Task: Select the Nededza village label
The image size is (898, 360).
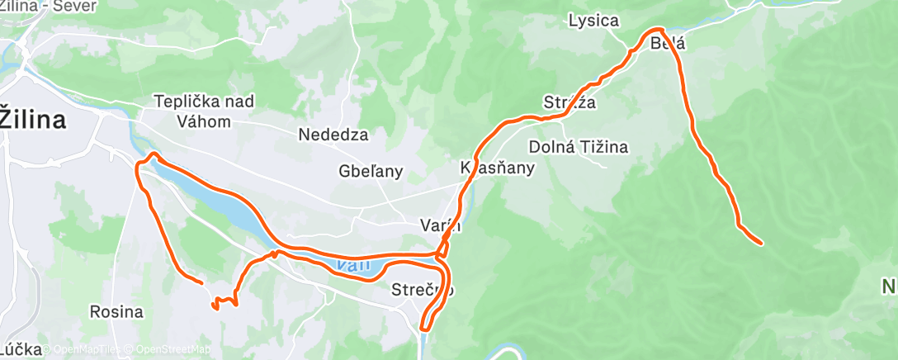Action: tap(333, 135)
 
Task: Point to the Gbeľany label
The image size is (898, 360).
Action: tap(371, 172)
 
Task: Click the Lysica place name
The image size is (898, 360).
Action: tap(593, 21)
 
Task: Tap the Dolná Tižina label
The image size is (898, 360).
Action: tap(578, 147)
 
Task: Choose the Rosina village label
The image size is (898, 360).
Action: tap(116, 312)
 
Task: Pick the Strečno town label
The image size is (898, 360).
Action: tap(423, 290)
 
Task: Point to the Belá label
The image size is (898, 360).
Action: tap(668, 44)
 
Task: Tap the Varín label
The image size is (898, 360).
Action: tap(440, 224)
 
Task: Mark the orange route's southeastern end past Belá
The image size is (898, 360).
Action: tap(759, 243)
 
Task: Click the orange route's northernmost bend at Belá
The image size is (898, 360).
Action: tap(657, 31)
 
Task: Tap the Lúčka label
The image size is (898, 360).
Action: tap(21, 349)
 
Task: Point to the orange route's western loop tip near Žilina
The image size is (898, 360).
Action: tap(150, 154)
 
